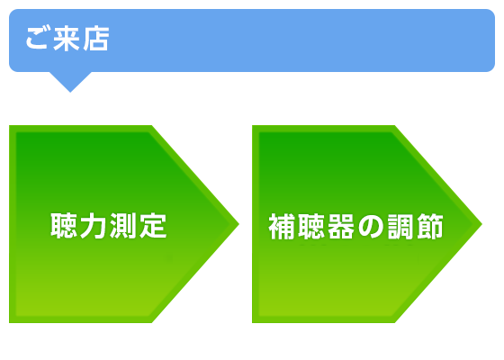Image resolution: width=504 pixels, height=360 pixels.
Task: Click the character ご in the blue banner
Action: [x=37, y=38]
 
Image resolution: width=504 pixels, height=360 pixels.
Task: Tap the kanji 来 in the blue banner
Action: [x=67, y=39]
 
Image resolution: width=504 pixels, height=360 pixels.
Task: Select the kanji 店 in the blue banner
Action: [x=95, y=39]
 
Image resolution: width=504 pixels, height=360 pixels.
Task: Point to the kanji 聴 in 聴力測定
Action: [x=64, y=226]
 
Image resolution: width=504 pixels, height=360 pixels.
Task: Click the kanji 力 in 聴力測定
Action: [x=94, y=226]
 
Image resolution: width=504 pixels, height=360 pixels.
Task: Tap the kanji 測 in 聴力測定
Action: [x=123, y=226]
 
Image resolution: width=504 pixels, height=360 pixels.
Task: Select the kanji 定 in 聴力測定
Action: [x=153, y=226]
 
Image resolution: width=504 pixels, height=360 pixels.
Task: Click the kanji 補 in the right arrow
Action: [x=282, y=227]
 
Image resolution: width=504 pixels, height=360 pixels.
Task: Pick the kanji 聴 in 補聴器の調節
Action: [x=311, y=227]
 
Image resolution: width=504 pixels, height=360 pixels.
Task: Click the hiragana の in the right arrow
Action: [x=371, y=227]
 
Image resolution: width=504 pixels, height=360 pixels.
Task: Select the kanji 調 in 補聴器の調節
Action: [x=400, y=227]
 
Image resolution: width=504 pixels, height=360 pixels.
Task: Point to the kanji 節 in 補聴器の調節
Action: [x=430, y=227]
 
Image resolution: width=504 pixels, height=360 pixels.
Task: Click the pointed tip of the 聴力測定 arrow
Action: [x=238, y=224]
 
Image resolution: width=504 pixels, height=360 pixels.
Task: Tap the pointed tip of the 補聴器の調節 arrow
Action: [x=481, y=224]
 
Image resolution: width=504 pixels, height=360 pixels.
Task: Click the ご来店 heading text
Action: [x=67, y=39]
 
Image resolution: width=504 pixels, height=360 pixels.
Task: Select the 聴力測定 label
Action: [x=109, y=226]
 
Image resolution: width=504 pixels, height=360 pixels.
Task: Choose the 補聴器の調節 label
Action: [x=356, y=227]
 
